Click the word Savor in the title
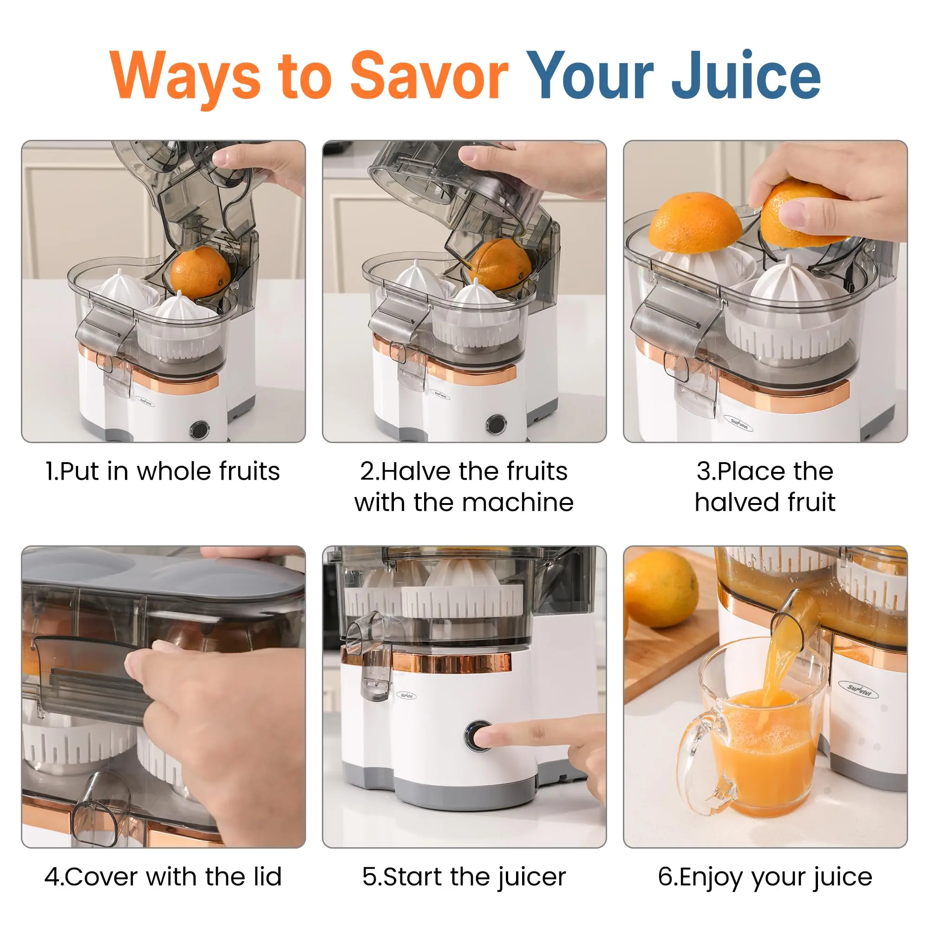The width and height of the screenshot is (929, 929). (x=429, y=76)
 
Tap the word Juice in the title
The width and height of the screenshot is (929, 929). (x=746, y=76)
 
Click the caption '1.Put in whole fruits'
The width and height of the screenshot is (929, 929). (x=163, y=471)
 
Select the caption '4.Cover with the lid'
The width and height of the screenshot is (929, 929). (x=163, y=877)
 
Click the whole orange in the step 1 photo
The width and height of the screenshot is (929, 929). (x=200, y=272)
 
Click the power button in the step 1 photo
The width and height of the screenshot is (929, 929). (x=199, y=429)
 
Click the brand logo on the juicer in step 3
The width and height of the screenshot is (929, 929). (x=740, y=423)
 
